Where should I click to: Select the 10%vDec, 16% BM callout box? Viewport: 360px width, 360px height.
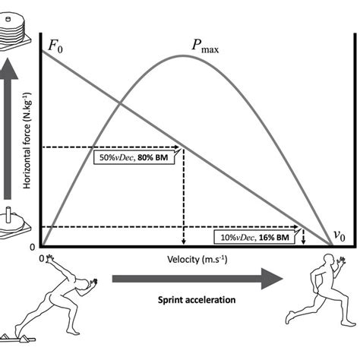[253, 237]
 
